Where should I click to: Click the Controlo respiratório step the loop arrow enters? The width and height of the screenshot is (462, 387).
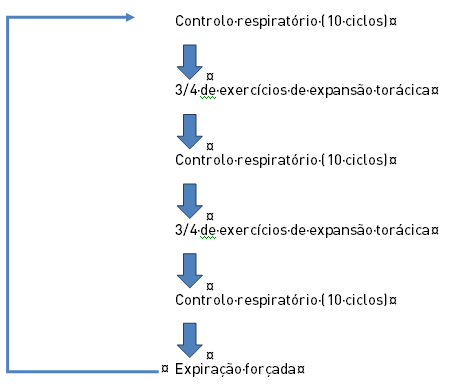coord(285,20)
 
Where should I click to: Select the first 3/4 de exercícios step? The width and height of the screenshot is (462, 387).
coord(304,90)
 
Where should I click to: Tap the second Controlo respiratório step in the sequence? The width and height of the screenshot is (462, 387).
coord(285,160)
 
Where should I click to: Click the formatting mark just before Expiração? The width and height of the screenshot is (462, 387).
coord(164,370)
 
